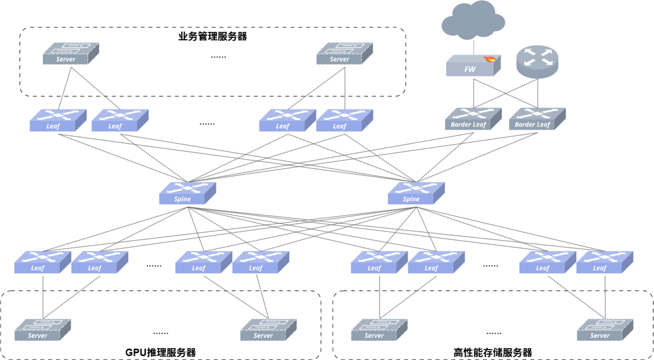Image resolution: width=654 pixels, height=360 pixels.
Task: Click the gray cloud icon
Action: [x=473, y=20]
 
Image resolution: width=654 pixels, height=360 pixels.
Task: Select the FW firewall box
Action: [x=473, y=66]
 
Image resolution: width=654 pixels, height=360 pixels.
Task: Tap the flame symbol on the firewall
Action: [x=489, y=59]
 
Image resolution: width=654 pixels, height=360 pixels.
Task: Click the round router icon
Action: [x=537, y=61]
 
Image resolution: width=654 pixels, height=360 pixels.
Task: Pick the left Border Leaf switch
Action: [x=473, y=119]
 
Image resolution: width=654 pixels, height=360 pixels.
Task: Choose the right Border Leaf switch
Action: [x=537, y=119]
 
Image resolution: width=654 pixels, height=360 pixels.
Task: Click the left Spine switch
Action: [x=187, y=193]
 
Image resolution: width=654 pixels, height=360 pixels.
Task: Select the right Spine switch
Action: [x=416, y=193]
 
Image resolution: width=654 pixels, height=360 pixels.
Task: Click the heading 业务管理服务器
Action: [x=212, y=36]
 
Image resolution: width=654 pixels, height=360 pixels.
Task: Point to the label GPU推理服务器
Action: [x=161, y=352]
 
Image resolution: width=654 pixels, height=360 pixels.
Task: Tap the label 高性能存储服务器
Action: [x=493, y=352]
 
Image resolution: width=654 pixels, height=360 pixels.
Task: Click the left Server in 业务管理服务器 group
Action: [x=71, y=54]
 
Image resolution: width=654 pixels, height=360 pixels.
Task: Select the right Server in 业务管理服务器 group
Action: [x=344, y=54]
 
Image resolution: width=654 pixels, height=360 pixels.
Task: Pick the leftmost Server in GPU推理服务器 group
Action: [x=43, y=330]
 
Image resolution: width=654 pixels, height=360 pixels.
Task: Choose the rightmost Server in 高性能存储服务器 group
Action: [x=605, y=330]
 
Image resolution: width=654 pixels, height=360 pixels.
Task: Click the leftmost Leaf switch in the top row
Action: [x=58, y=120]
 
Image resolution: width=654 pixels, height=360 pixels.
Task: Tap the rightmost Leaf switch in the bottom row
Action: [x=605, y=262]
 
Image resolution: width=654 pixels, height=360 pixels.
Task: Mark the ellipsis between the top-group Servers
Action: [x=219, y=57]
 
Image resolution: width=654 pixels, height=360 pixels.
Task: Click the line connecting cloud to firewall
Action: [x=474, y=47]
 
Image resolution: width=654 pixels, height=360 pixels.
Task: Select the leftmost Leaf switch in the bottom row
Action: [x=42, y=262]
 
